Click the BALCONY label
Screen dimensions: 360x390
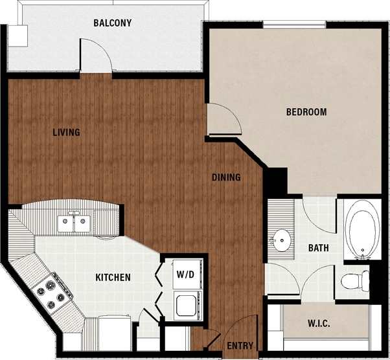(x=112, y=23)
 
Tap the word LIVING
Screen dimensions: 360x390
(x=66, y=133)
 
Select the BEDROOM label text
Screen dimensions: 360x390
(x=306, y=112)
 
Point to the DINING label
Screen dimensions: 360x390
(x=226, y=177)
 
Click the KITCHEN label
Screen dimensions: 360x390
(x=113, y=278)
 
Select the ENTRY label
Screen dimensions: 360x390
(x=240, y=346)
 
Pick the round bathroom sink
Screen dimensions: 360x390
(x=282, y=241)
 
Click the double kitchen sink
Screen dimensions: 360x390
(x=74, y=223)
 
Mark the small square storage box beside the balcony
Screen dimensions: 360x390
(x=18, y=36)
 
